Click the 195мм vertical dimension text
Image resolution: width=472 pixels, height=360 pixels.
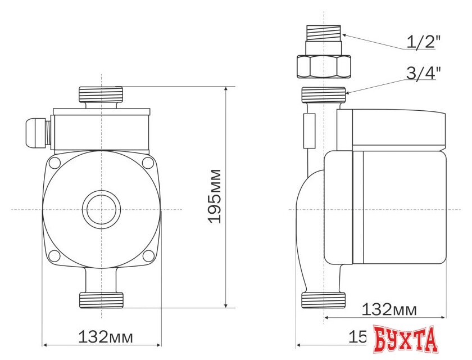point(215,195)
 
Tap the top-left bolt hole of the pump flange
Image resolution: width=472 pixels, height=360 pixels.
point(55,164)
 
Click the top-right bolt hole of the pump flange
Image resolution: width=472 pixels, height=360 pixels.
point(148,164)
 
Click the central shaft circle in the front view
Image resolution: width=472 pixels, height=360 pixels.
point(101,210)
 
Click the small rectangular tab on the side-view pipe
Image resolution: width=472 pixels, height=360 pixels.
point(308,130)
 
